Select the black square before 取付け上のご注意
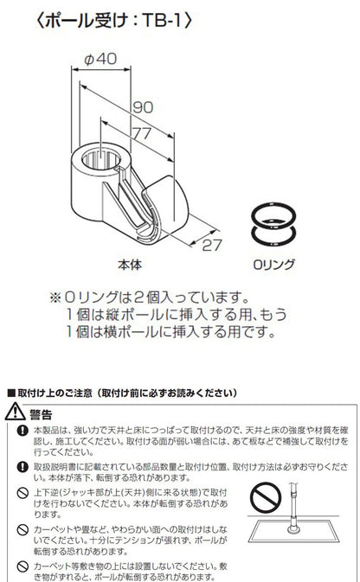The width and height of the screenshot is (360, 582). click(10, 393)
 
